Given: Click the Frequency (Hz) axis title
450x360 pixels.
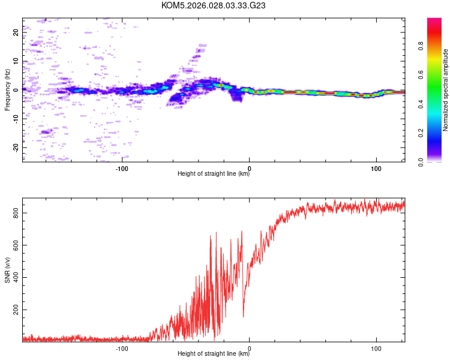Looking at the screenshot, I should (x=7, y=90).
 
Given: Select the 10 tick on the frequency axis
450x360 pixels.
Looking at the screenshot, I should (x=16, y=61).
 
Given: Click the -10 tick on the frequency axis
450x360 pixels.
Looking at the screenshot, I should (x=16, y=119).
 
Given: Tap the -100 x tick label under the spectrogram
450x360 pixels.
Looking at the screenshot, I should (x=122, y=169).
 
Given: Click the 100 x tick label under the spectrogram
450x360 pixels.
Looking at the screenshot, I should (x=376, y=169).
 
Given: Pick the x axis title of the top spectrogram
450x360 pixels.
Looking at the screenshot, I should (x=214, y=175).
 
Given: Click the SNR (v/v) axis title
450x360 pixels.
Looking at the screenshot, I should (x=7, y=270).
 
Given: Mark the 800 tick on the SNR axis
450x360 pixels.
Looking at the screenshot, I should (x=14, y=213).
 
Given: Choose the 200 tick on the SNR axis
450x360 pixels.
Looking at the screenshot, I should (x=14, y=310).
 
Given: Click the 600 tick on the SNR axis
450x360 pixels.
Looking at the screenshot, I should (x=14, y=245).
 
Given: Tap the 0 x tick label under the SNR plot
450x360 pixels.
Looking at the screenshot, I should (x=250, y=349).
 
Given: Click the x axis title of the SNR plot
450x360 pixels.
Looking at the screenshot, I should (x=214, y=355).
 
